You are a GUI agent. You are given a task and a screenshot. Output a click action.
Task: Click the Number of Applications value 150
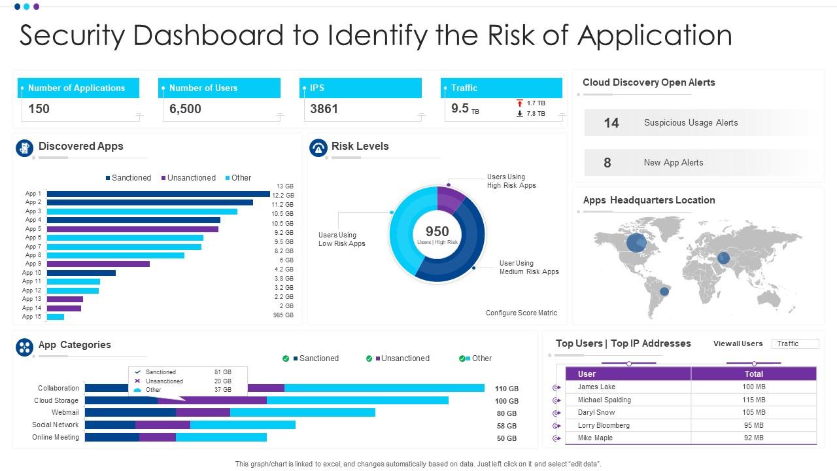(39, 109)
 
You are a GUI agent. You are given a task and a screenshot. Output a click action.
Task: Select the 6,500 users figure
(185, 109)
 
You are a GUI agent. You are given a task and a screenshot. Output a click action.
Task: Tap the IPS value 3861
(324, 109)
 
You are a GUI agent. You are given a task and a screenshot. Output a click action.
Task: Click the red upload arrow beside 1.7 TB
(520, 103)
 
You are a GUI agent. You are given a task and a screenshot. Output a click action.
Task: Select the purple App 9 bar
(98, 264)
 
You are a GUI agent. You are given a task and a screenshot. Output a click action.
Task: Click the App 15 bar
(56, 317)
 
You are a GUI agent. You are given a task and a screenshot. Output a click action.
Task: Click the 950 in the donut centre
(437, 232)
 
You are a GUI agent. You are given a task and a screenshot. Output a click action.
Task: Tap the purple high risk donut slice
(450, 199)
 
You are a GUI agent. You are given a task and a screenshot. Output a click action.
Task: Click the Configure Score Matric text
(521, 313)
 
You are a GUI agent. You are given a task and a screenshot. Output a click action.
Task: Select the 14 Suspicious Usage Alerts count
(611, 123)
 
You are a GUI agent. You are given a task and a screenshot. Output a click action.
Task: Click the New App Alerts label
(673, 163)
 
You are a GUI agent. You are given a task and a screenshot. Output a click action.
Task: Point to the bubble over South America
(664, 291)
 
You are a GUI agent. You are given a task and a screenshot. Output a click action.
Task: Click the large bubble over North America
(636, 243)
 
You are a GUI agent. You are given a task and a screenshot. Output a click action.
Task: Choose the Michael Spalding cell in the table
(604, 400)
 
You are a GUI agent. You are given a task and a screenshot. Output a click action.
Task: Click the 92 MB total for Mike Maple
(753, 438)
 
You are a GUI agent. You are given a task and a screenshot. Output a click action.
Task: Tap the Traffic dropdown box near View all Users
(794, 343)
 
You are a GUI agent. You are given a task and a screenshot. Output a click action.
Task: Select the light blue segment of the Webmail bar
(302, 412)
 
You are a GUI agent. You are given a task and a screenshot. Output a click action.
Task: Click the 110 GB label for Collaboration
(507, 389)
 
